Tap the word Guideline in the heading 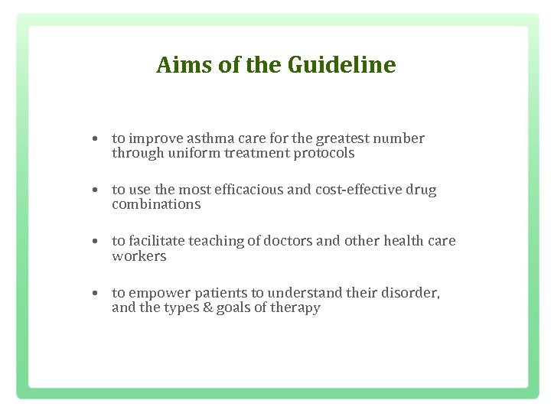(342, 65)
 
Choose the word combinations (156, 204)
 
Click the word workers (139, 256)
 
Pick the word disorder (411, 293)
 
